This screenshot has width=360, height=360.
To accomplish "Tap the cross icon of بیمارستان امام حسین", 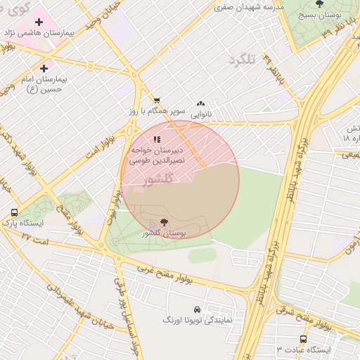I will (44, 68).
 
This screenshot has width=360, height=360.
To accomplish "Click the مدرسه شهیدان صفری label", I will (247, 7).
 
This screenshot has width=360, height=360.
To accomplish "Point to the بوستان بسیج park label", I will (319, 15).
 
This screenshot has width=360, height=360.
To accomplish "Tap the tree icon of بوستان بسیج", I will (319, 4).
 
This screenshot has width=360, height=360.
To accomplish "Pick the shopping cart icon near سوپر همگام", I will (157, 101).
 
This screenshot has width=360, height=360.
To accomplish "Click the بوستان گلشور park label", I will (163, 233).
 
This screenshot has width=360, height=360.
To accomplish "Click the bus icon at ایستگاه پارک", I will (15, 212).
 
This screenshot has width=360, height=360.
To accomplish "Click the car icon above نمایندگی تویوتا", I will (197, 309).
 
